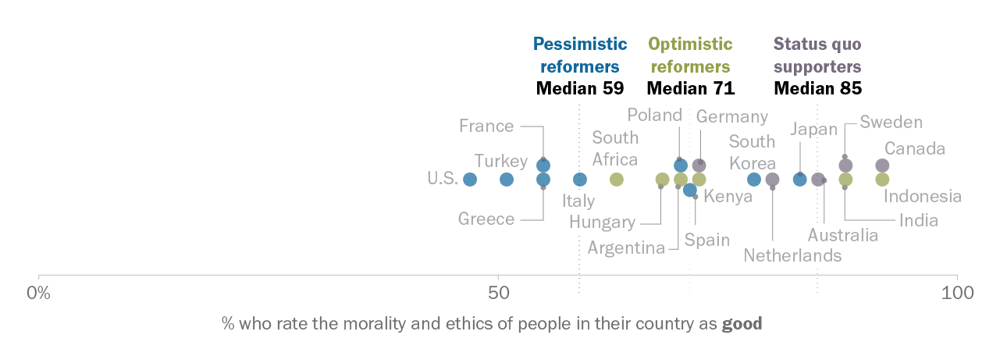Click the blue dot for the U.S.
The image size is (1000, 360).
(x=470, y=180)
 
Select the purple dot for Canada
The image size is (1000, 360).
(x=882, y=166)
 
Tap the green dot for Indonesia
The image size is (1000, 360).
(x=882, y=180)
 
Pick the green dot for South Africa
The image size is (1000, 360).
(x=617, y=180)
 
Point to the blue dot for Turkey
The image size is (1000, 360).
(x=507, y=180)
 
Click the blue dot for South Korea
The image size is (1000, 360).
(x=754, y=180)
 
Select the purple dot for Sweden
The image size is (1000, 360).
(x=845, y=166)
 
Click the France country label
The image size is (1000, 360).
(x=486, y=126)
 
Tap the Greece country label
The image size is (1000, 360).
(x=486, y=219)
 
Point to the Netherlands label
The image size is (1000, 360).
(x=792, y=255)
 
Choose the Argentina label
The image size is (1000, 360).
(x=626, y=248)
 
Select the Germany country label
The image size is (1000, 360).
(x=732, y=117)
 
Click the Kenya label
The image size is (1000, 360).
(x=728, y=197)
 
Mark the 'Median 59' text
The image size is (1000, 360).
(x=579, y=88)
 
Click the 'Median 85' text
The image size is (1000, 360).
(x=817, y=88)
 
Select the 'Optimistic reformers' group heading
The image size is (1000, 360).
(x=690, y=55)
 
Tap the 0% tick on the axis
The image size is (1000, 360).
(x=38, y=294)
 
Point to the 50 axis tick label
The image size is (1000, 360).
(x=498, y=294)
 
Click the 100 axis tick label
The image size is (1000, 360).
(x=957, y=294)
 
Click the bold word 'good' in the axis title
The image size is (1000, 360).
(x=742, y=323)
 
